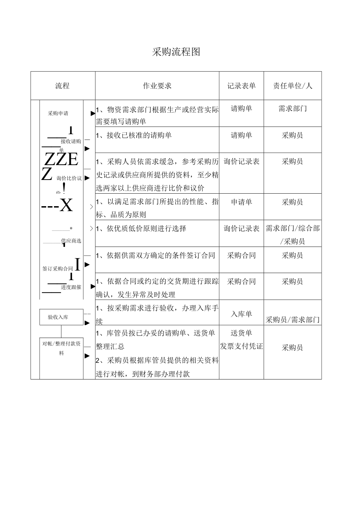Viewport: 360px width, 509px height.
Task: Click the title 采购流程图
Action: pos(176,52)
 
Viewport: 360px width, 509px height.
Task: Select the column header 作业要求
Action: pos(157,86)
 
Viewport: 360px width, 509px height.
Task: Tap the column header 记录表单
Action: pos(241,86)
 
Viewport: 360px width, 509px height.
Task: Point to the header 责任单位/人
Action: pos(293,86)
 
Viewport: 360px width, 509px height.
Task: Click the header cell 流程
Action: pos(63,86)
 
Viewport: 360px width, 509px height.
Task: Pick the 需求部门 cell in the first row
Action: pos(293,108)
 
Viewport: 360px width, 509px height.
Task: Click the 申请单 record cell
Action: pos(241,202)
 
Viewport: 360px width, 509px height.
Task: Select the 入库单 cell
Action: pos(241,314)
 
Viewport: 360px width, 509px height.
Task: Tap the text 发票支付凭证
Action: pos(241,346)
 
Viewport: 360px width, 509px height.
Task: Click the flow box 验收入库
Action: pos(61,317)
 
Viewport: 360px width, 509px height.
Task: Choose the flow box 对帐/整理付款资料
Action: pos(61,348)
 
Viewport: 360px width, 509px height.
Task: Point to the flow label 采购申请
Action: pos(58,113)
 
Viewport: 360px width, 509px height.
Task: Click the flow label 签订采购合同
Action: pos(58,269)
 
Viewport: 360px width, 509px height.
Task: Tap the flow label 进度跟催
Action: pos(71,287)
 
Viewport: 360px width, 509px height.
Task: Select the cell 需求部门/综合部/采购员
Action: pos(293,234)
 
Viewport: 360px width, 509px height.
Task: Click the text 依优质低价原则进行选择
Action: pos(146,228)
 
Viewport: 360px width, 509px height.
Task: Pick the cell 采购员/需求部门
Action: pos(293,320)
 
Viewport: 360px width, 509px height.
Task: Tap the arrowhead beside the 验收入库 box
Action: pos(87,323)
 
